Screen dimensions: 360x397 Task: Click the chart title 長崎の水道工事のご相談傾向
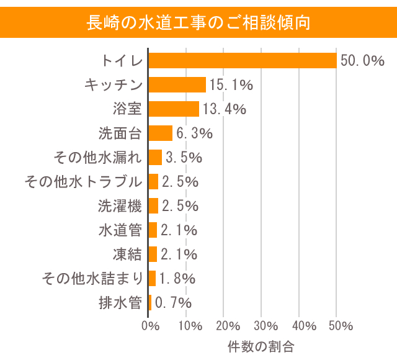tap(198, 22)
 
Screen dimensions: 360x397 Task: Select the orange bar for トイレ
tap(243, 60)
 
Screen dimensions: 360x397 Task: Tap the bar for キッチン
tap(177, 84)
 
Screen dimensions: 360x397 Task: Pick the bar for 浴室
tap(174, 109)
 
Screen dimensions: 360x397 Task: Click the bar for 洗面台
tap(161, 133)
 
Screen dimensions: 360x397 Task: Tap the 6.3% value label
tap(194, 133)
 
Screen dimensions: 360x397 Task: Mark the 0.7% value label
tap(173, 303)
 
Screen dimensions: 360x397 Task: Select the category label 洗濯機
tap(120, 206)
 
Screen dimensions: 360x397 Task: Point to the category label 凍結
tap(127, 254)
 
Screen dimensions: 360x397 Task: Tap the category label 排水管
tap(120, 303)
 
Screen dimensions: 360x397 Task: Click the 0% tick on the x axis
tap(149, 326)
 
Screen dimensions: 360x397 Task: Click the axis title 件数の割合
tap(261, 345)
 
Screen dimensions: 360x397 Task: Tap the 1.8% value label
tap(177, 279)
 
